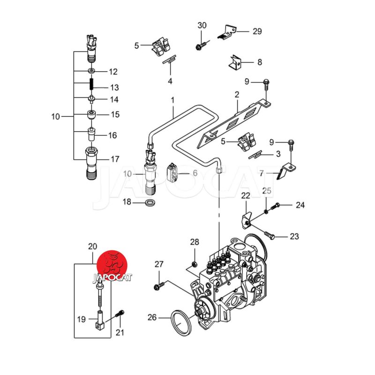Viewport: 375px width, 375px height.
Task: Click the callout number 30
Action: click(202, 25)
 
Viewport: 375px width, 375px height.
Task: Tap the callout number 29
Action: click(257, 31)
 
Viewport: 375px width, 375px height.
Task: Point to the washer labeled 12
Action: click(92, 71)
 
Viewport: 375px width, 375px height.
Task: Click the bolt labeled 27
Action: click(159, 285)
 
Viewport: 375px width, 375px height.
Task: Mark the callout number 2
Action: click(237, 95)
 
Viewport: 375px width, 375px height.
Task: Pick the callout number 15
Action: click(115, 114)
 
